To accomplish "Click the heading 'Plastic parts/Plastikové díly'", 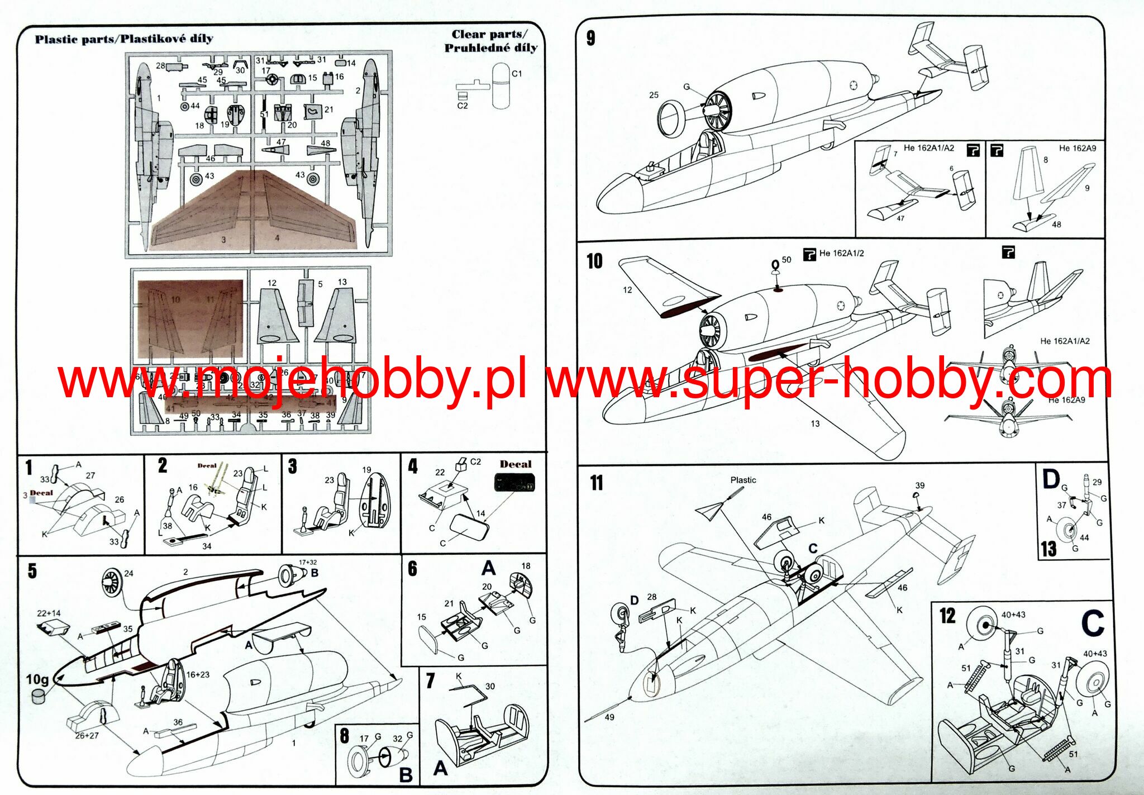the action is tap(124, 39).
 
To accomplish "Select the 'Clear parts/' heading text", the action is tap(489, 35).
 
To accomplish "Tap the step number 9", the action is tap(591, 38).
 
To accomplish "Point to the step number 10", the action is tap(594, 261).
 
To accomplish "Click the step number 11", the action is tap(597, 483).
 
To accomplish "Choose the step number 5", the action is tap(32, 571).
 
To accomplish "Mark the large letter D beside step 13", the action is tap(1051, 479).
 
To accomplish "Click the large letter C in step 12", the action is tap(1093, 623).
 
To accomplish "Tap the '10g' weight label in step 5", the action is tap(37, 679).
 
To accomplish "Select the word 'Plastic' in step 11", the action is tap(743, 480).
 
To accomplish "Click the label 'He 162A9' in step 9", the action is tap(1078, 148).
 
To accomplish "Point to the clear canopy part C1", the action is tap(500, 87).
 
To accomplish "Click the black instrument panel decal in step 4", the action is tap(514, 483).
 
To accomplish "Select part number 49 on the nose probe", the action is tap(609, 717).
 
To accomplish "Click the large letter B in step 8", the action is tap(406, 775).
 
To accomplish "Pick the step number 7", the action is tap(430, 681).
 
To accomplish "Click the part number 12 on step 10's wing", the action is tap(627, 290).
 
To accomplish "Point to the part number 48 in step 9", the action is tap(1056, 225).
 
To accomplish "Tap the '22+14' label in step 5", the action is tap(49, 613).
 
